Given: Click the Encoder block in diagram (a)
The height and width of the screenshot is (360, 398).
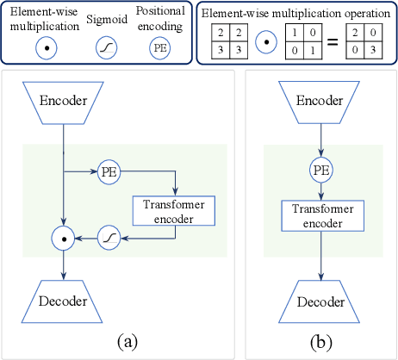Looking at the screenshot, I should pyautogui.click(x=63, y=101).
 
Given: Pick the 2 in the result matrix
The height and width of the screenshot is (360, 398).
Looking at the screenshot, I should pyautogui.click(x=353, y=32).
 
